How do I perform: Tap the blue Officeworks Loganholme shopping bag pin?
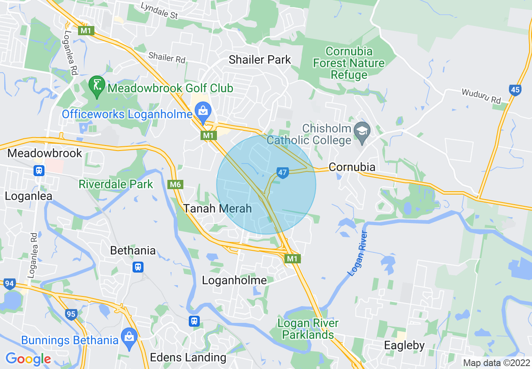[203, 112]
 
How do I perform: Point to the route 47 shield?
[283, 172]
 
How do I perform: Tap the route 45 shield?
[515, 89]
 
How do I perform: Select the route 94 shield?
[9, 284]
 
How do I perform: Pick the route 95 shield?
[71, 314]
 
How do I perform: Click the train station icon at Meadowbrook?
[39, 170]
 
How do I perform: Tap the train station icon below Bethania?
[138, 267]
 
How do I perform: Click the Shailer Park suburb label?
[260, 60]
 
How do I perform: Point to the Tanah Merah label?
[217, 208]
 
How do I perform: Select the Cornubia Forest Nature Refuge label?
[349, 63]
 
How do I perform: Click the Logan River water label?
[357, 253]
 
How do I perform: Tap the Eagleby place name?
[404, 346]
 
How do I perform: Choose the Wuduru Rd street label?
[481, 96]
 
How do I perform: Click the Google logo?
[28, 359]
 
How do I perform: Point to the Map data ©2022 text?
[496, 363]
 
